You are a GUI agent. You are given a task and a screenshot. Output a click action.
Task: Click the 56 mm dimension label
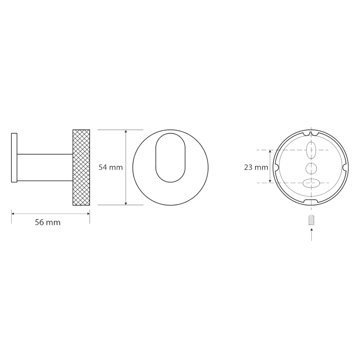tap(48, 222)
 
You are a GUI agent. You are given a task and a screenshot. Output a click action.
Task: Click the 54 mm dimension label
tap(111, 167)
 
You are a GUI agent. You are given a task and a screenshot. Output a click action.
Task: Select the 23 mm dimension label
tap(256, 167)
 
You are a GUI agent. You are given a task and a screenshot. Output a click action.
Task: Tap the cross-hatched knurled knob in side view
tap(81, 167)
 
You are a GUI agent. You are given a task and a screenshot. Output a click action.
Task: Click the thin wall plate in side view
tap(14, 158)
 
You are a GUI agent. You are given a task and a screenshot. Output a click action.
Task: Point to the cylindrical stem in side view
tap(45, 167)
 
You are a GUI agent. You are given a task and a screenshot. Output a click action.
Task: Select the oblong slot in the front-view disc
tap(171, 158)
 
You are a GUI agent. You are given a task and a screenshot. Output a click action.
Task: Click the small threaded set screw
tap(311, 220)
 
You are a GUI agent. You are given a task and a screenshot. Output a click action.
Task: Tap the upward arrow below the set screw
tap(311, 234)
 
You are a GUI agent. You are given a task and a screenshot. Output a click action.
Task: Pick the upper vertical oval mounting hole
tap(311, 150)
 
